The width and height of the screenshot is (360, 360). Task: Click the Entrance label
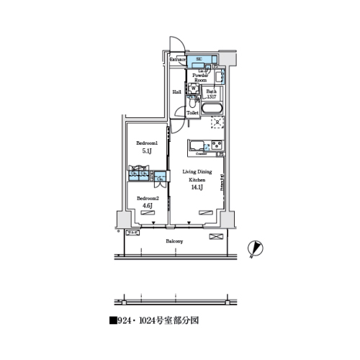click(179, 59)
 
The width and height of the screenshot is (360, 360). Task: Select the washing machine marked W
click(194, 89)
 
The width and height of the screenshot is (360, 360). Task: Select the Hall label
click(177, 92)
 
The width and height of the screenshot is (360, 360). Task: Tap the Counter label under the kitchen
click(202, 154)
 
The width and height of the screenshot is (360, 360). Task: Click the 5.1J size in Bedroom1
click(146, 152)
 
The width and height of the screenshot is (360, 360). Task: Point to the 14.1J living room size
click(196, 187)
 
